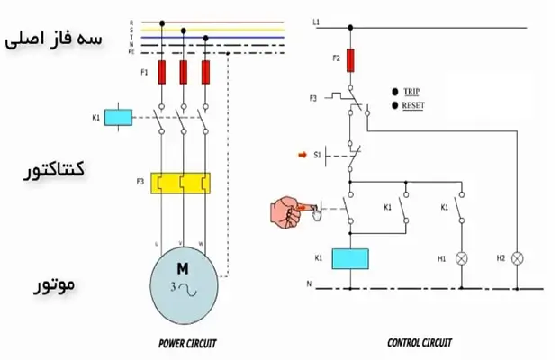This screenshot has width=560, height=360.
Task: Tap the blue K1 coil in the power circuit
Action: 118,117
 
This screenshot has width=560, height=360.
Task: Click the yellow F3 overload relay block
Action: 181,183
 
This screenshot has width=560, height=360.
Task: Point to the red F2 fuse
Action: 350,61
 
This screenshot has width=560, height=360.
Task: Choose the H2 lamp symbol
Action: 518,258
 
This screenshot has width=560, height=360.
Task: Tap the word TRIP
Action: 411,92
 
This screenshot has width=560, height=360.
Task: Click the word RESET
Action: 413,105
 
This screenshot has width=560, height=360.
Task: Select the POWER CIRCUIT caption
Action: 187,343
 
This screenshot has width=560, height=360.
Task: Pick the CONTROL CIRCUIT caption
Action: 420,343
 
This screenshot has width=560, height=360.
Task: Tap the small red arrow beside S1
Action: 302,155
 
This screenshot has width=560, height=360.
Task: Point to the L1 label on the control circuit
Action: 316,21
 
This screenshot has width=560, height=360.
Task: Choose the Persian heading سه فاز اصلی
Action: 54,40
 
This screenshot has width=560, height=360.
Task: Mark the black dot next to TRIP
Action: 394,92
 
